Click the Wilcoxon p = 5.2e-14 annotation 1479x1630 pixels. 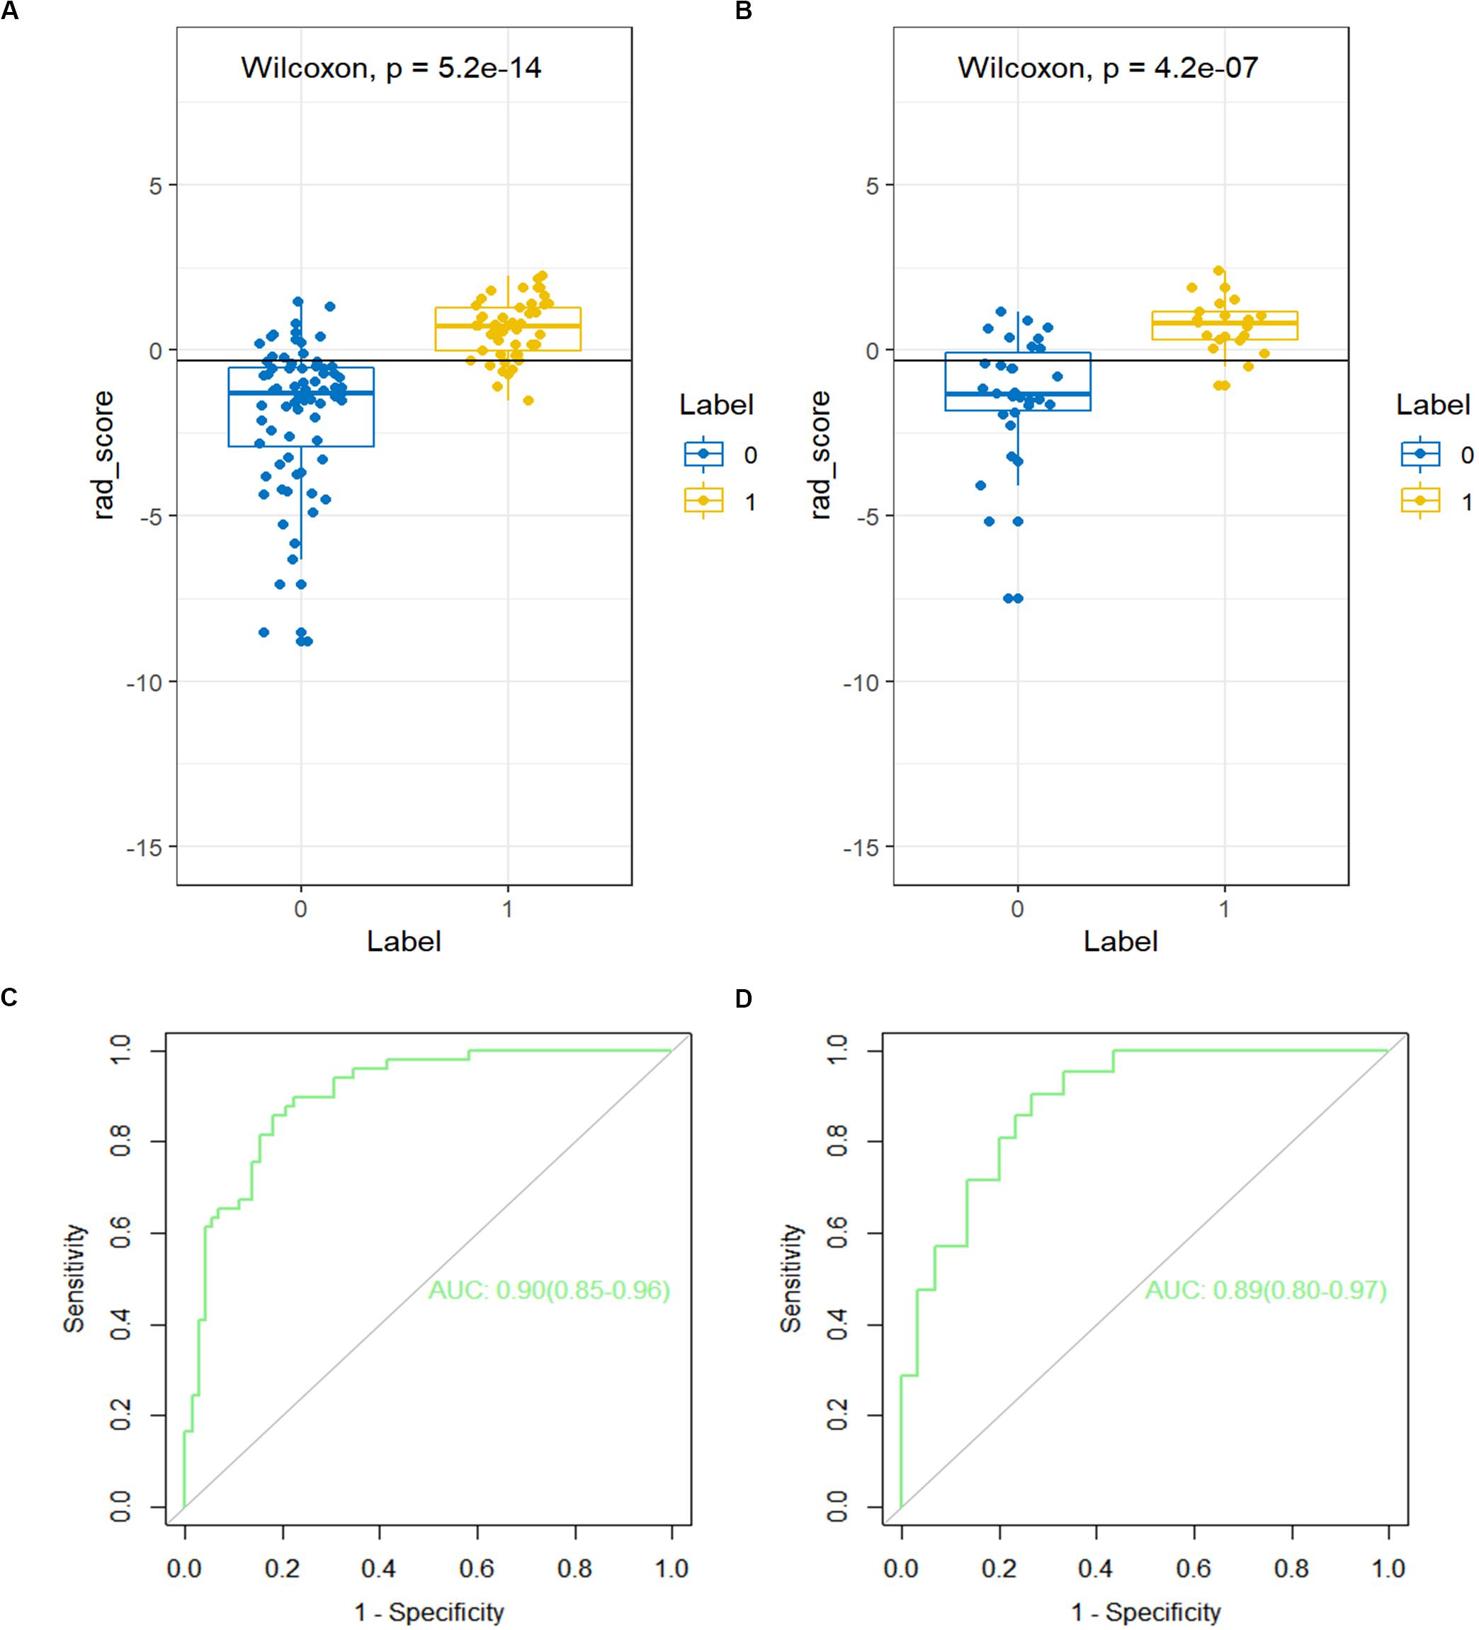click(392, 68)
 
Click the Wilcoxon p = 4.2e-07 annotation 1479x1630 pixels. click(1108, 68)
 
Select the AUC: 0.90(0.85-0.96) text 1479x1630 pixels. click(549, 1289)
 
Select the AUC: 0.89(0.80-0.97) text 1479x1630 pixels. click(1266, 1289)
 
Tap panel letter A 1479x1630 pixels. click(10, 11)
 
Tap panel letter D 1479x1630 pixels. click(743, 999)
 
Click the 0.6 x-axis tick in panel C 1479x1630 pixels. click(477, 1568)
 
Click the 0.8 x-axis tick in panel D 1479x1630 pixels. click(1291, 1568)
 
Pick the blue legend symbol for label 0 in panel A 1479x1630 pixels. click(703, 455)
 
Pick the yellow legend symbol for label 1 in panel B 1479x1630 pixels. click(1420, 501)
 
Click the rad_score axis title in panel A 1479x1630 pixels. click(103, 455)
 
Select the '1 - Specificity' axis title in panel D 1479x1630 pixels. click(1146, 1612)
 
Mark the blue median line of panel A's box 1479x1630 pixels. click(301, 393)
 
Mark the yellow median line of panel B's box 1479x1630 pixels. click(1224, 323)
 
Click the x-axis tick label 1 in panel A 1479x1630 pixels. click(508, 908)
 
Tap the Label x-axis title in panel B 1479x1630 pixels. click(1121, 941)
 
